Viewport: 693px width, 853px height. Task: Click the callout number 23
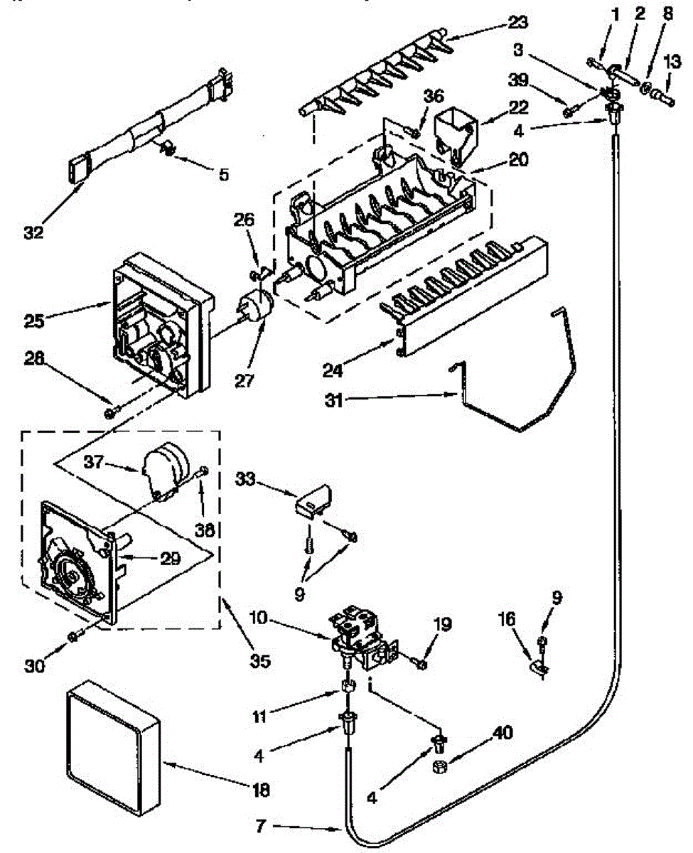(x=518, y=22)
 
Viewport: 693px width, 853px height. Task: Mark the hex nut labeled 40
(x=439, y=766)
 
